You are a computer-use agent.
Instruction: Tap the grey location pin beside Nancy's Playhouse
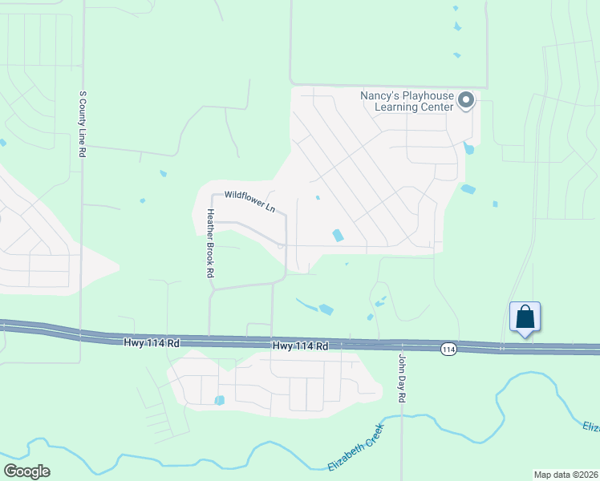[x=466, y=101]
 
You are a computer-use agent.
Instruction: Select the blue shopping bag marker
[x=525, y=317]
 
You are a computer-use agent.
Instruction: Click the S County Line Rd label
[x=83, y=123]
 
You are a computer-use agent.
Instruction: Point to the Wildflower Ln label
[x=249, y=200]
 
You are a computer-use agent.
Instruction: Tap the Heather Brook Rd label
[x=210, y=244]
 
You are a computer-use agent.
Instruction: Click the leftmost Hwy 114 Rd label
[x=152, y=343]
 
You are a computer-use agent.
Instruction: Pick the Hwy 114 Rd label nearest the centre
[x=301, y=346]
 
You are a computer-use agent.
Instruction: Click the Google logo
[x=26, y=471]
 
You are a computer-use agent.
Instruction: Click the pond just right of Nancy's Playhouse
[x=468, y=148]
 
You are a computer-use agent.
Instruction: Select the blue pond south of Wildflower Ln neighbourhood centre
[x=338, y=235]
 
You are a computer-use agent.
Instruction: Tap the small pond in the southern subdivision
[x=219, y=400]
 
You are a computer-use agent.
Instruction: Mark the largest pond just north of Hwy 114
[x=326, y=309]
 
